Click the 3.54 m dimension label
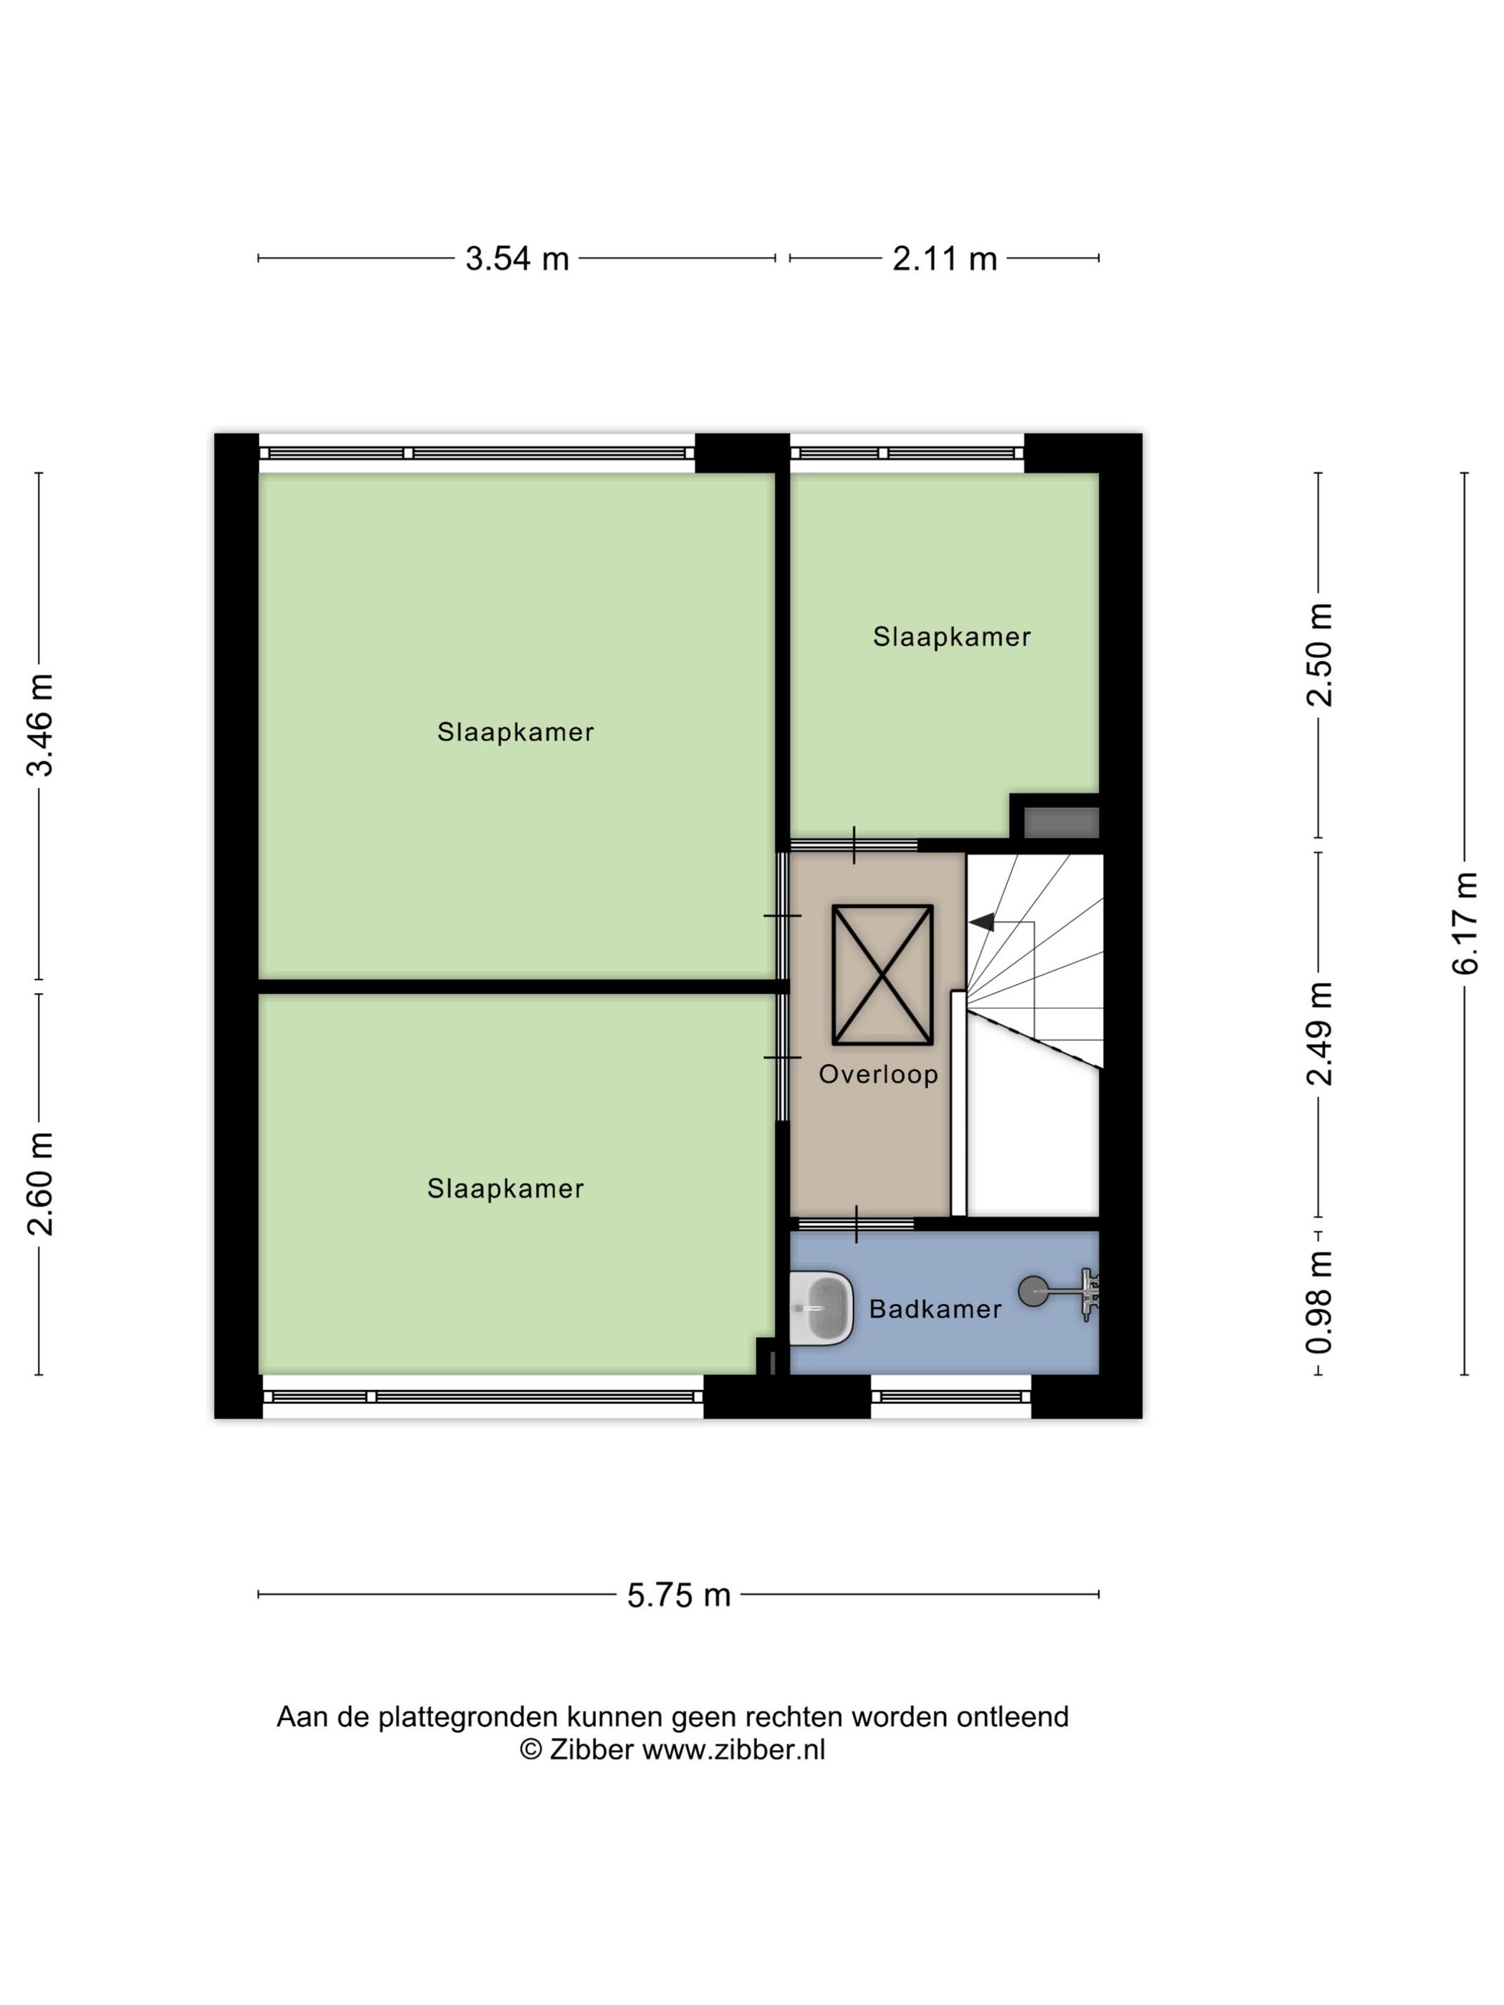click(x=517, y=259)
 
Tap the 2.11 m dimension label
click(x=944, y=259)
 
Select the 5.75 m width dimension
click(x=678, y=1595)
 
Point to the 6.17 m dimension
click(x=1464, y=923)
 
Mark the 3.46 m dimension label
click(x=40, y=725)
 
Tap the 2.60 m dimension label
click(x=40, y=1184)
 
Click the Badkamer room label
click(x=935, y=1309)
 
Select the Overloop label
click(x=877, y=1075)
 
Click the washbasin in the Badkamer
click(x=821, y=1308)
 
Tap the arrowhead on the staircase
click(x=982, y=923)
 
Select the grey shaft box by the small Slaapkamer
click(x=1061, y=823)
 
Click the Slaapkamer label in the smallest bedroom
click(x=951, y=637)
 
